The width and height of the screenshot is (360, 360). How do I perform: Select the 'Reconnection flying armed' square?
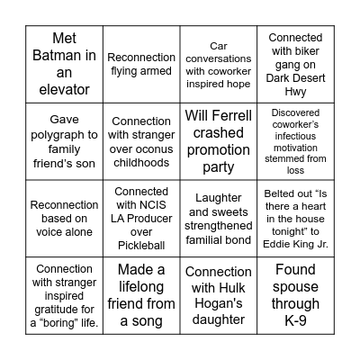[142, 63]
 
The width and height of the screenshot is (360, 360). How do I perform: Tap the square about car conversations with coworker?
[219, 63]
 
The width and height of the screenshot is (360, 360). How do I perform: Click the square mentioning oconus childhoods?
[142, 140]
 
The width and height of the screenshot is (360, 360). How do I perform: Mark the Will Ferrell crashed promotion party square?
[219, 140]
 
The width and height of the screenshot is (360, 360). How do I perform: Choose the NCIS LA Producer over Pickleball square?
[142, 218]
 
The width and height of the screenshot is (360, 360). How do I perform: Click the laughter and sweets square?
[219, 218]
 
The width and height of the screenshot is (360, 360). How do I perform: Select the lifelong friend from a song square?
[142, 295]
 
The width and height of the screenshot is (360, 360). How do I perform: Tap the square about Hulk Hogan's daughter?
[219, 295]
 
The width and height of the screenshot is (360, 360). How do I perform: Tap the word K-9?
[296, 321]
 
